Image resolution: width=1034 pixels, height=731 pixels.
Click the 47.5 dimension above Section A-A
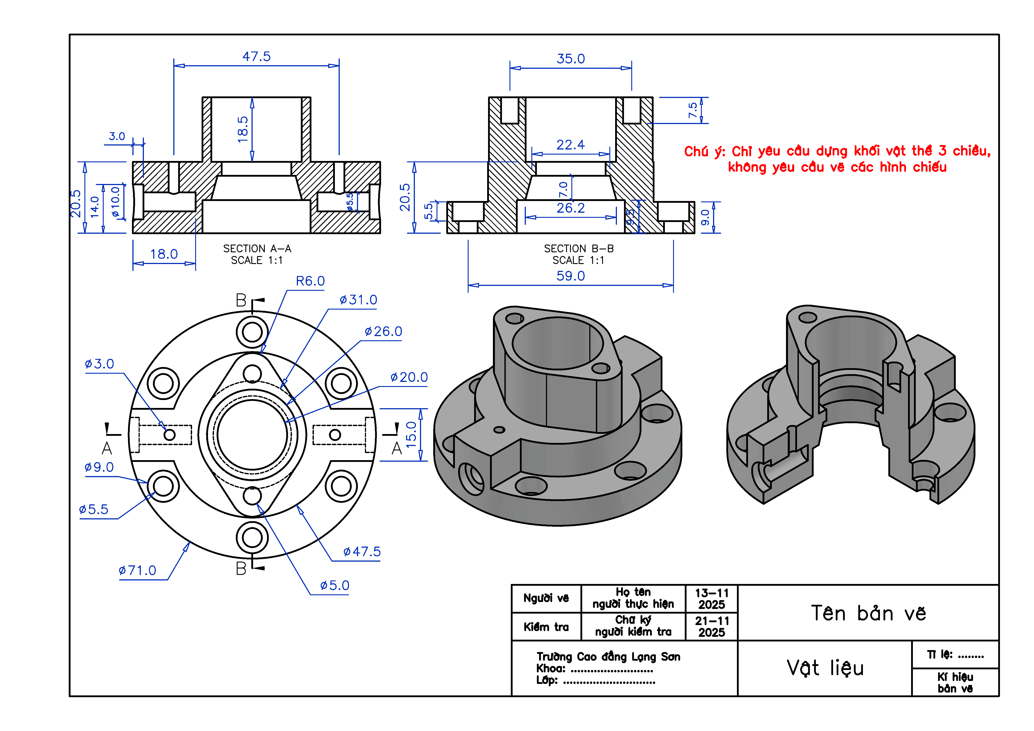click(256, 57)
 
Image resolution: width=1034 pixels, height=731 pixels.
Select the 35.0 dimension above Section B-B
click(570, 59)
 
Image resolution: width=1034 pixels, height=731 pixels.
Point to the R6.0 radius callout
click(310, 281)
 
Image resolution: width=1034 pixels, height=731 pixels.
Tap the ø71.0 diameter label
click(137, 571)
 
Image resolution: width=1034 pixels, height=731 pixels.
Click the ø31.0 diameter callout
click(359, 300)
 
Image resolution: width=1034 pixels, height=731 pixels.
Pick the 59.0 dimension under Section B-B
click(570, 276)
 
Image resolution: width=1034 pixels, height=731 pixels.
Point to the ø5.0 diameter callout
click(335, 586)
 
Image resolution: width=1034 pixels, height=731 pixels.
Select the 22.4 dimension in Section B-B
click(570, 145)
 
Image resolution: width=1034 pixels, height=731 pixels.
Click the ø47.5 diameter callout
click(362, 552)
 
